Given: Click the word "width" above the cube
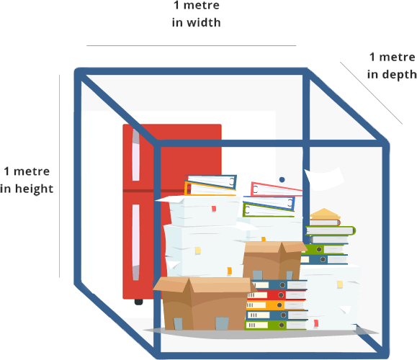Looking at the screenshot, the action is tap(203, 22).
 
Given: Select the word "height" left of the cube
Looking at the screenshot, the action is tap(34, 189).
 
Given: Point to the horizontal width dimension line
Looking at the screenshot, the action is tap(191, 46).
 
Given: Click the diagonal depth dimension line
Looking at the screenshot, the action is tap(371, 93).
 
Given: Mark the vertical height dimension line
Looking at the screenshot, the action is tap(59, 176).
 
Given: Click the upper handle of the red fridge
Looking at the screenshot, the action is tap(136, 155).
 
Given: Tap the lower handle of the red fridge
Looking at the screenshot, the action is tap(136, 242).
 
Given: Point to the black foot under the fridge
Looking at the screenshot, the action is tap(138, 302).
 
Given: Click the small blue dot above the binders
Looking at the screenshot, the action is tap(282, 180).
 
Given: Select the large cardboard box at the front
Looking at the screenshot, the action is tap(203, 304).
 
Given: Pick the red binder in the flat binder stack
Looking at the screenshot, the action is tap(277, 295).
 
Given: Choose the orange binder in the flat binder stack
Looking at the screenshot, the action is tap(275, 305).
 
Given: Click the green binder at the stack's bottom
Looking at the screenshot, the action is tap(276, 325).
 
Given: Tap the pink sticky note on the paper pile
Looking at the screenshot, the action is tap(214, 209).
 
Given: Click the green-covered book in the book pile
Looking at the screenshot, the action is tap(331, 230).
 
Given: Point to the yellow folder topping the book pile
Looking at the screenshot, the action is tap(325, 214).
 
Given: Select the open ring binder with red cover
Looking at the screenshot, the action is tap(277, 189).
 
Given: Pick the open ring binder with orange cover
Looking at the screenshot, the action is tap(210, 189).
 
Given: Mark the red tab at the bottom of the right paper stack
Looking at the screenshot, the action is tap(316, 323).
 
